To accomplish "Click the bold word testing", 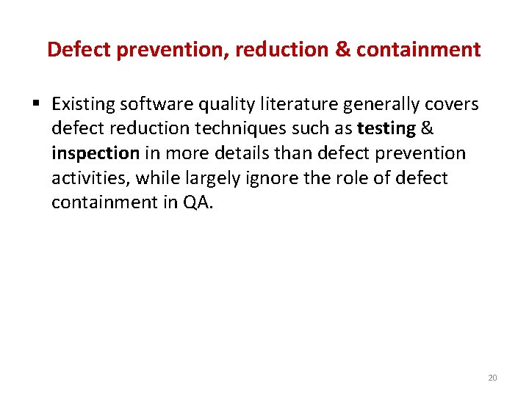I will [x=386, y=129].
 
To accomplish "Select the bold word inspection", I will [x=96, y=153].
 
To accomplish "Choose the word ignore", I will [x=283, y=177].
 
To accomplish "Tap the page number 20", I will [x=492, y=378].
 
